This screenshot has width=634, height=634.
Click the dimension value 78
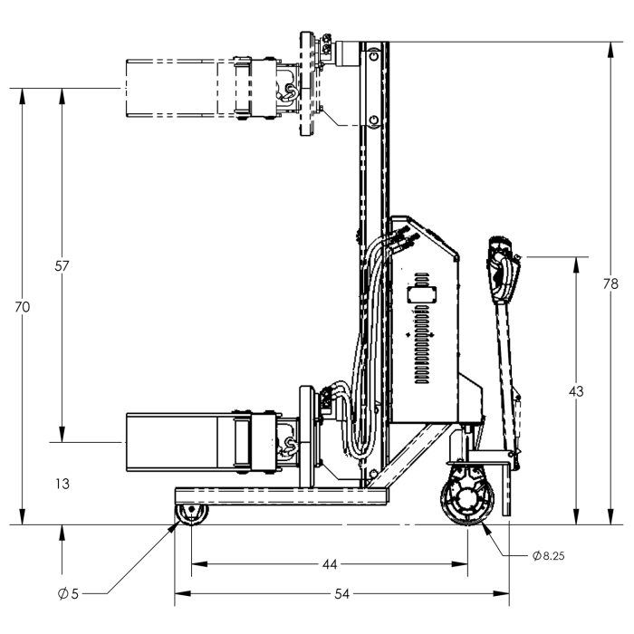pos(610,284)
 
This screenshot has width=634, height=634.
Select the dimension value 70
pos(23,307)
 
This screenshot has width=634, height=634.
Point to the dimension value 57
pos(62,266)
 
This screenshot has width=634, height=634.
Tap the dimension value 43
pos(576,391)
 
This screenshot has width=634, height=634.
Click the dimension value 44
pos(330,564)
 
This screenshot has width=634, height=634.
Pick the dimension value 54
pos(341,594)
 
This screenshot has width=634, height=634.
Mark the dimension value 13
pos(62,484)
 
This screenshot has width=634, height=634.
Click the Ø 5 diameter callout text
pos(68,593)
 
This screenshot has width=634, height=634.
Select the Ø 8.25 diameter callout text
pos(548,556)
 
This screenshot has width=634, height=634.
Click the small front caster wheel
pos(192,514)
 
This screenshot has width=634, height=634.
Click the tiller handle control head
pos(503,270)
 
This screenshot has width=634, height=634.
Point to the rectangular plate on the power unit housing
pos(422,294)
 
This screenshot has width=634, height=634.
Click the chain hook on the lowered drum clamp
pos(290,447)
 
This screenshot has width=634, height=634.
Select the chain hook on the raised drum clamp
pos(289,92)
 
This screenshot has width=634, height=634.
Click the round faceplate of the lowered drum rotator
pos(306,437)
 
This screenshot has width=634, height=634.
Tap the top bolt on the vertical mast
pos(373,54)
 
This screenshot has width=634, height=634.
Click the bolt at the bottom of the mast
pos(373,474)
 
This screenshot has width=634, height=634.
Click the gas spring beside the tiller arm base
pos(517,428)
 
